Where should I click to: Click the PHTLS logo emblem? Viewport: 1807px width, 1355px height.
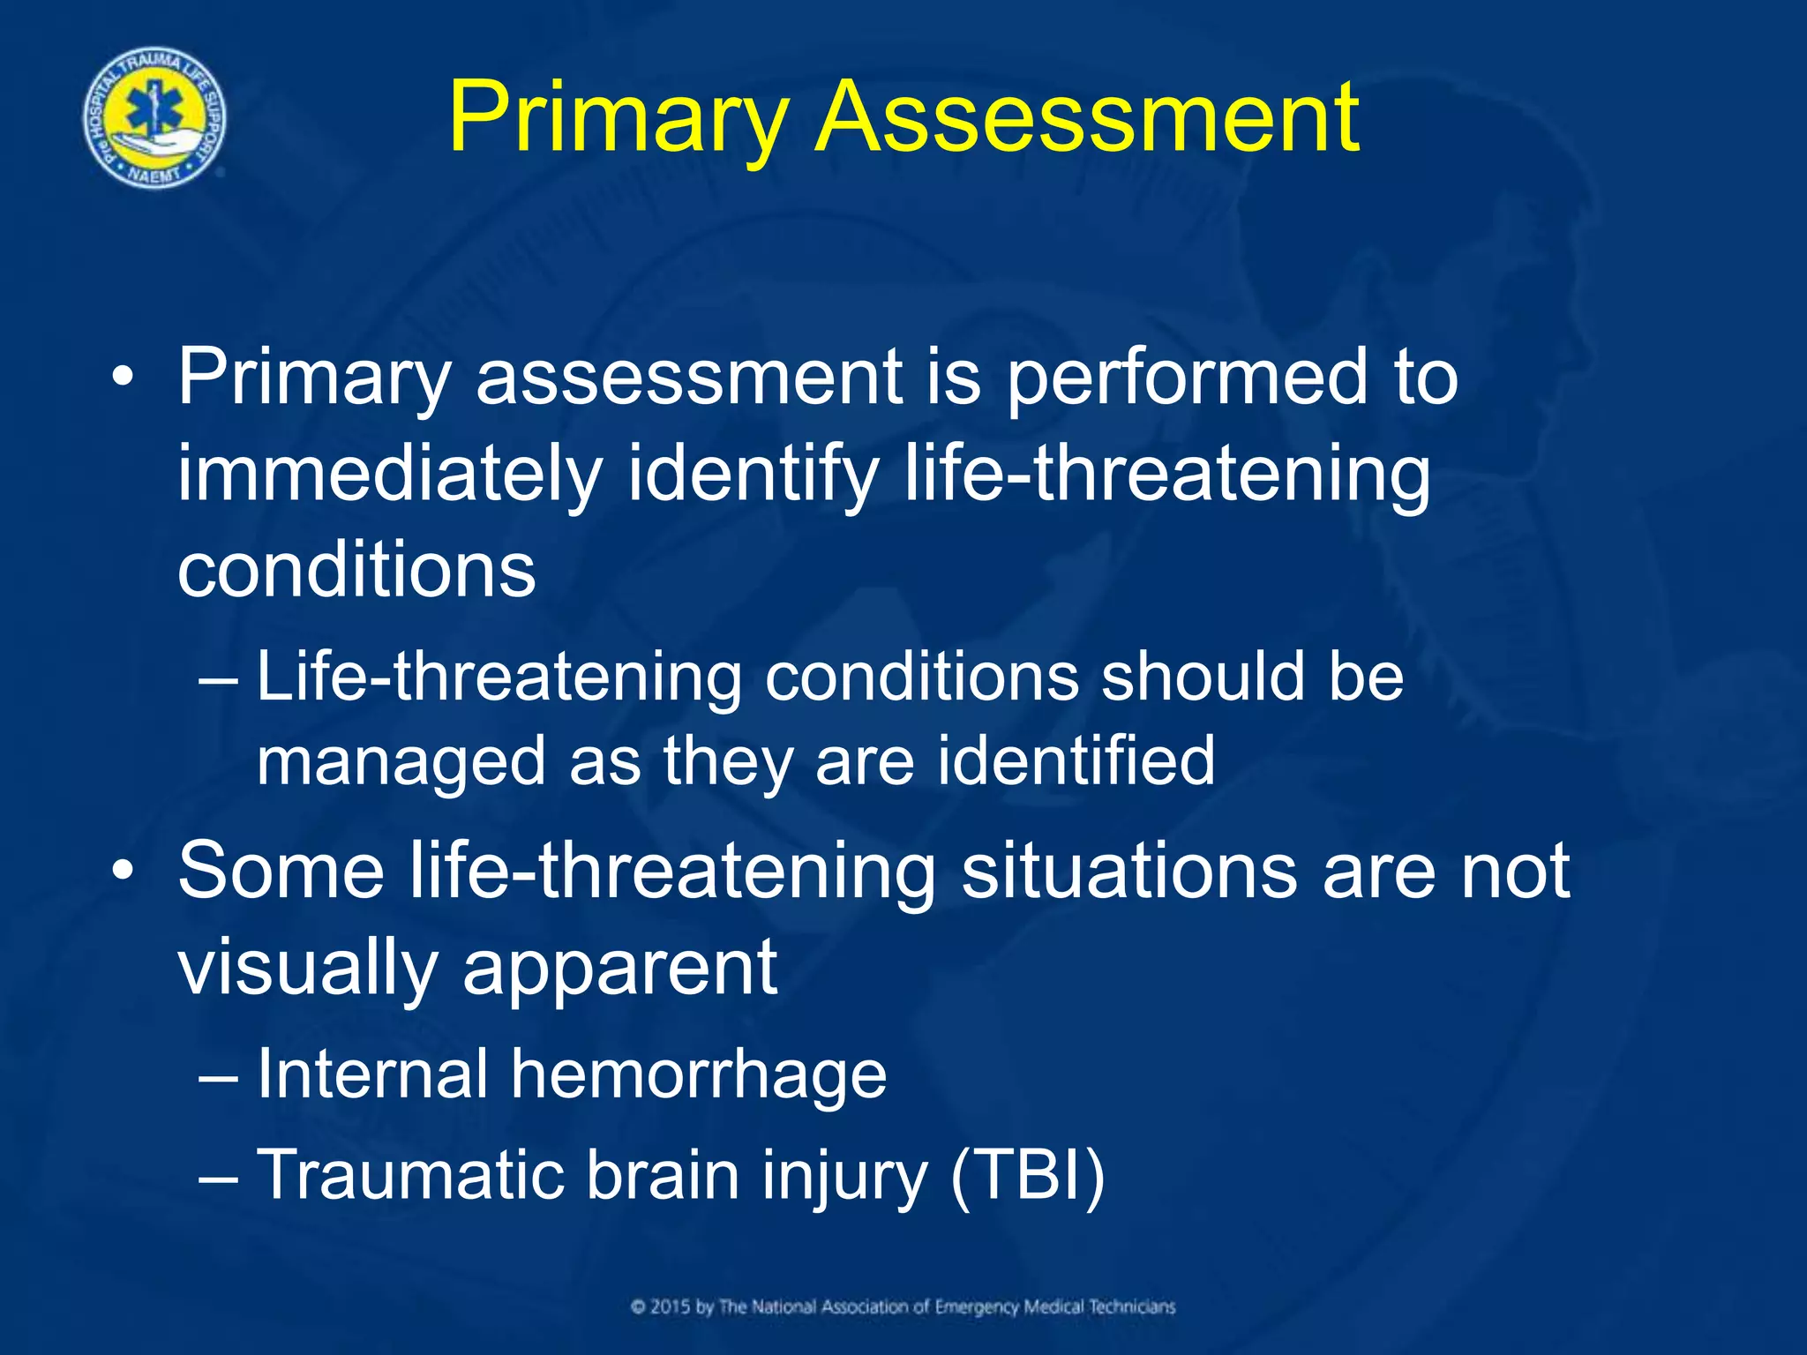point(154,117)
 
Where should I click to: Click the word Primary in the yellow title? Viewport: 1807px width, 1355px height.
point(618,119)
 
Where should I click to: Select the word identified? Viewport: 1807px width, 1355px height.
point(1076,760)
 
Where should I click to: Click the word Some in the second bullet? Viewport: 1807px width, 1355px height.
point(281,871)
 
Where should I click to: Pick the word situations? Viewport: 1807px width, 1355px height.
point(1129,871)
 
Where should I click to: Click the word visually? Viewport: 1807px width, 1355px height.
point(308,969)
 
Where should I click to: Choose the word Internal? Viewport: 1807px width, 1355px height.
point(371,1074)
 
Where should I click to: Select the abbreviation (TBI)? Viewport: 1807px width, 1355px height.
point(1028,1176)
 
